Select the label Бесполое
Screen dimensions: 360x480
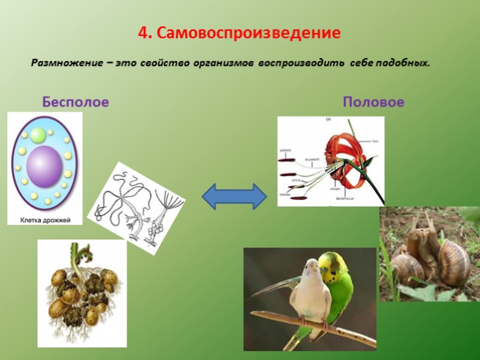pyautogui.click(x=75, y=101)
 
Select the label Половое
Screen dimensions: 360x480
pyautogui.click(x=373, y=102)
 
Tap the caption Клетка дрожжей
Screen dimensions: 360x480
pyautogui.click(x=44, y=217)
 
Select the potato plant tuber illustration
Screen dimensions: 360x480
pyautogui.click(x=81, y=294)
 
